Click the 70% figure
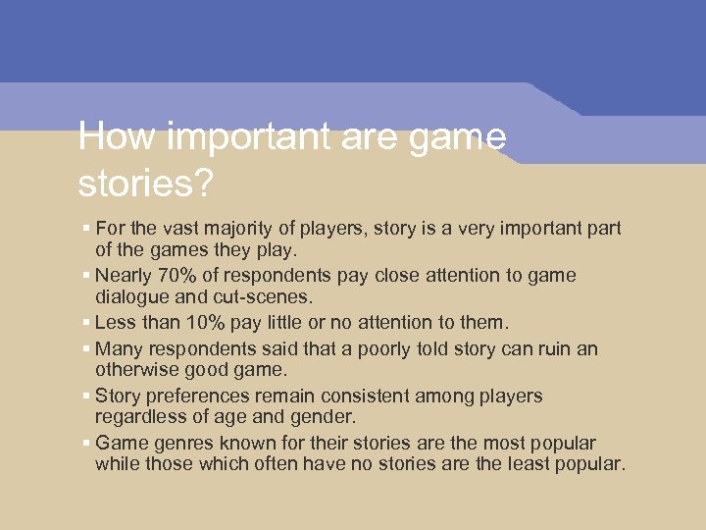[x=170, y=276]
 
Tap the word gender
[x=297, y=416]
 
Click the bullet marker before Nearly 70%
[x=87, y=276]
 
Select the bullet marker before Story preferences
[x=87, y=397]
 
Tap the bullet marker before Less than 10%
[x=87, y=322]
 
